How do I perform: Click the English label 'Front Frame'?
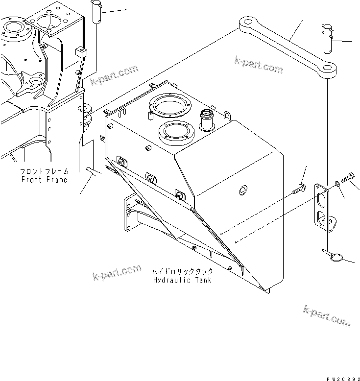point(44,180)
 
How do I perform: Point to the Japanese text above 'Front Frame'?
point(44,172)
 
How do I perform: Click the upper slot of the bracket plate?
point(322,200)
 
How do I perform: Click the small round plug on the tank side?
point(242,189)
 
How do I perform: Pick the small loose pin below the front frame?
point(93,170)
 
